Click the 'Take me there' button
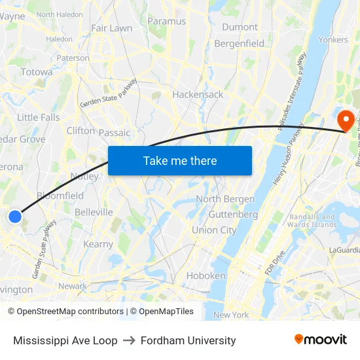(x=180, y=160)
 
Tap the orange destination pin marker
(x=346, y=120)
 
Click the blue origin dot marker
(x=15, y=216)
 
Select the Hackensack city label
(x=198, y=94)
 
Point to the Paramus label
(x=167, y=21)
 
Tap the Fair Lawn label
(x=111, y=28)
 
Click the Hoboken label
(x=206, y=276)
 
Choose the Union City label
(x=214, y=230)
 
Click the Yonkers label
(x=333, y=39)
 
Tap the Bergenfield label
(x=240, y=43)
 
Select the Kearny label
(x=98, y=244)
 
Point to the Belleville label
(x=94, y=212)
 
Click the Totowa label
(x=37, y=72)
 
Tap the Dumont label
(x=240, y=27)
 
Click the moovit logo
(x=321, y=340)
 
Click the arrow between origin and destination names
(x=128, y=340)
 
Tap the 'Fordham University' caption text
(x=187, y=340)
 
